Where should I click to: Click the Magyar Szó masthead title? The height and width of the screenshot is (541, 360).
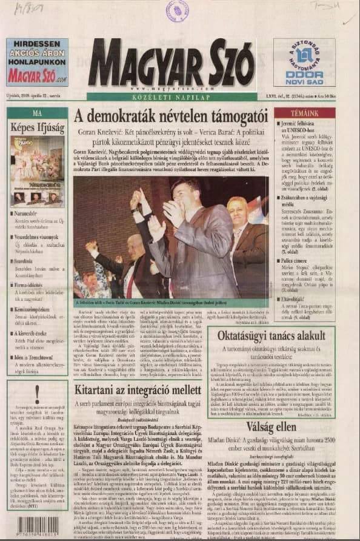pos(172,62)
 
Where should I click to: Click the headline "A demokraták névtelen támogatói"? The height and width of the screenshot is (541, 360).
pos(178,116)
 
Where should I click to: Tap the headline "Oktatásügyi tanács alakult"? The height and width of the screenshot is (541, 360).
pos(271,336)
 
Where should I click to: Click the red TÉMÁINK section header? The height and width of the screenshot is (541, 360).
pos(304,113)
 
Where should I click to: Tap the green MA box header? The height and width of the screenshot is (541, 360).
pos(38,113)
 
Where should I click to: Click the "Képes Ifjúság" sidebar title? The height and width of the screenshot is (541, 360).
pos(38,127)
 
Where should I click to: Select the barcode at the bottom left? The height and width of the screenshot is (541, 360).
pos(38,525)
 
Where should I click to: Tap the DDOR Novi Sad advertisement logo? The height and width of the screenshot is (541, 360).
pos(304,62)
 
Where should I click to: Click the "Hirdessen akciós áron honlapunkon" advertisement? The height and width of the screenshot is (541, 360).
pos(38,62)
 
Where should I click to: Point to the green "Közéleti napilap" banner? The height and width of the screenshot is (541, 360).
pos(172,96)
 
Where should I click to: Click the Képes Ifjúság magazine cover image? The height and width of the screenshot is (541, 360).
pos(38,170)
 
